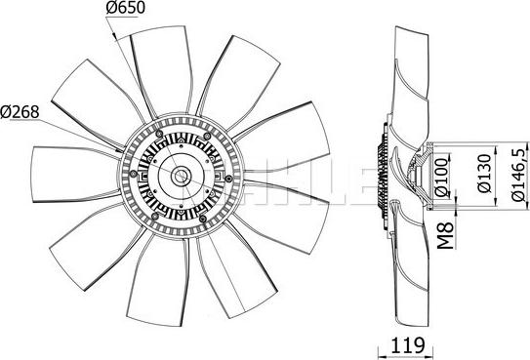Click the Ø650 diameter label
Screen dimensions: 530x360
(125, 8)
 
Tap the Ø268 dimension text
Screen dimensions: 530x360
(20, 112)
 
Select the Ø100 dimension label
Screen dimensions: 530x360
(442, 178)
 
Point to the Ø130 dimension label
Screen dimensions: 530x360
(485, 174)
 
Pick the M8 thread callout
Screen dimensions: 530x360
(446, 235)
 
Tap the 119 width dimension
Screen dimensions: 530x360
(407, 344)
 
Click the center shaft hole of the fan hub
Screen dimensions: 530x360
(182, 176)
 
